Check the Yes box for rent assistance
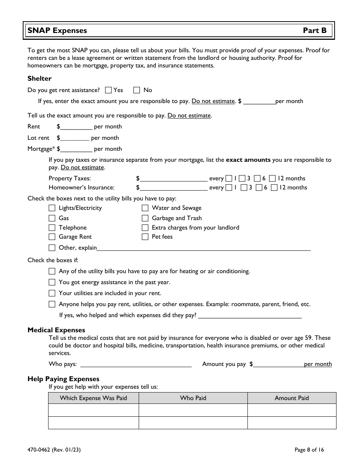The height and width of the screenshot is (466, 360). pos(108,90)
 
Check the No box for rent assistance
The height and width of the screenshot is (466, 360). pos(137,90)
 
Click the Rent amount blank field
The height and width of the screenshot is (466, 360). pos(76,127)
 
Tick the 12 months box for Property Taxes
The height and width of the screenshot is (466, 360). pos(272,178)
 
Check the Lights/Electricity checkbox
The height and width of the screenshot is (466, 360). pos(52,208)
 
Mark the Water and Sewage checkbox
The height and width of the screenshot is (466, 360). pos(145,208)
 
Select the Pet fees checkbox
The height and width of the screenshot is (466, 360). pos(145,237)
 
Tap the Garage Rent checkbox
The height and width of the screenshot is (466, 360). pos(52,237)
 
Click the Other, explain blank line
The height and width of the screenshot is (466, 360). pos(203,248)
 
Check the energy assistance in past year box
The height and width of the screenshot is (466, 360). pos(52,282)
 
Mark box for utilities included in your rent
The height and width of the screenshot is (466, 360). pos(52,293)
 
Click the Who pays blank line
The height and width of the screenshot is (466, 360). pos(136,364)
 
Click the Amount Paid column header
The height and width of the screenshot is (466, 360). pos(291,398)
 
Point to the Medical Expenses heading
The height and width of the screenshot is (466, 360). pos(56,330)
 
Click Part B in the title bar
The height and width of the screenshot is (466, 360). pos(315,31)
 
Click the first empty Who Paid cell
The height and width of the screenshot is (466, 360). pos(193,410)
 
